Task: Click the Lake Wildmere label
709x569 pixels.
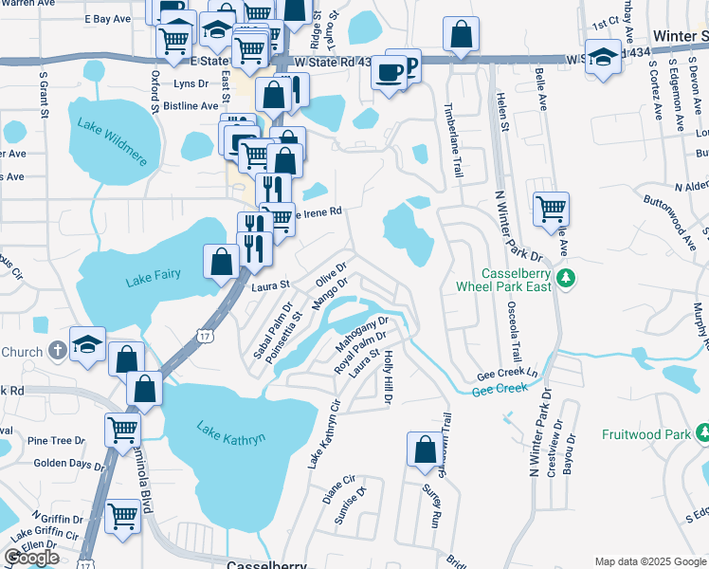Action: [x=113, y=141]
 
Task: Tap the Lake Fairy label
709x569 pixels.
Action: [x=153, y=279]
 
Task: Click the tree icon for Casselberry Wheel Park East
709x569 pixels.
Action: [x=566, y=278]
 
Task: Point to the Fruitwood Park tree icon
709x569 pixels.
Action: [x=702, y=434]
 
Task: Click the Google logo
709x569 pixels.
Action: [x=32, y=558]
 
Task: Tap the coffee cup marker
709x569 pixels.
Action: [x=389, y=73]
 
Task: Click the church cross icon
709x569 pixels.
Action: [x=56, y=352]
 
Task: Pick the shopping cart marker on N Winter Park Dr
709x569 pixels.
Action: [x=551, y=209]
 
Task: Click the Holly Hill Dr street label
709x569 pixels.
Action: [x=388, y=376]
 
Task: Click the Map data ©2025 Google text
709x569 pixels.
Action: [x=649, y=561]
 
